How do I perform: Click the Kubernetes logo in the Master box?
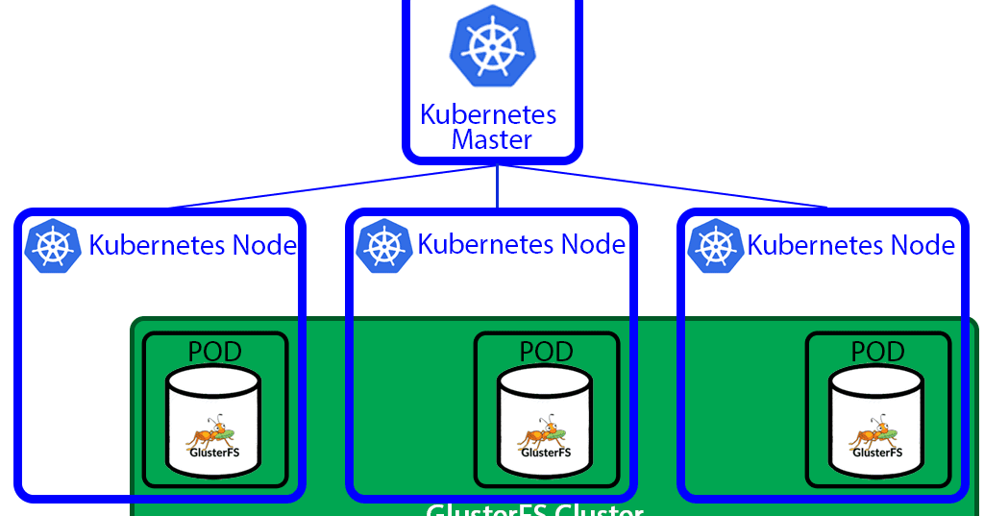tap(491, 49)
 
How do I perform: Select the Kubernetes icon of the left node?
tap(51, 246)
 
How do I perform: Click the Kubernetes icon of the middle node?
tap(383, 246)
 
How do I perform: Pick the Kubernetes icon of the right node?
tap(715, 246)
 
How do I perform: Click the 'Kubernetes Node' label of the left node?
tap(192, 246)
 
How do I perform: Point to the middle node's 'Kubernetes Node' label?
tap(522, 244)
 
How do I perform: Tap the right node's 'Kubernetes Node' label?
tap(851, 246)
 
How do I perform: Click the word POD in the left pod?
tap(214, 352)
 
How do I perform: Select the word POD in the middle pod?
tap(546, 352)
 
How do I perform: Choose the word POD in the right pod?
tap(877, 352)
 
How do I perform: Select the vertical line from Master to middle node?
tap(497, 188)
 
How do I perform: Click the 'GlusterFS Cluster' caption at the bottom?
tap(534, 509)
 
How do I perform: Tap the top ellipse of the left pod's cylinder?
tap(212, 381)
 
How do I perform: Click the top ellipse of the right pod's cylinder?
tap(876, 381)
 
